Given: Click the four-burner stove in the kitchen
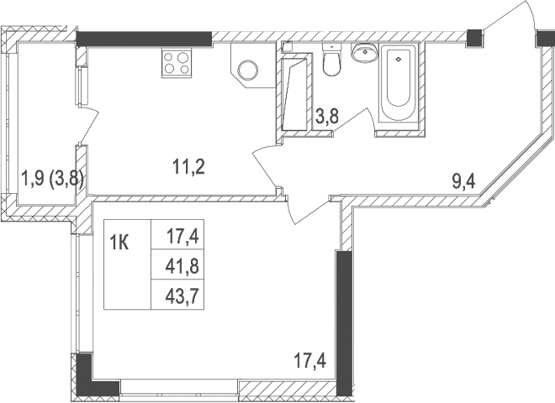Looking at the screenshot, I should [x=177, y=63].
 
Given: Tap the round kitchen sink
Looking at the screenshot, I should [x=248, y=71].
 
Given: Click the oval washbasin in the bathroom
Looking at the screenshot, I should [x=364, y=54].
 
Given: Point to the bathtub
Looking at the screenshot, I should [x=398, y=84].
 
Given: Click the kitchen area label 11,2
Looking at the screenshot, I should [x=189, y=165].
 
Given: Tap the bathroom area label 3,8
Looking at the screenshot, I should [x=327, y=118].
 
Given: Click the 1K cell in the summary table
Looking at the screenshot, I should [x=119, y=243].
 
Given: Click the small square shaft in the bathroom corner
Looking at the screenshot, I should [x=286, y=47].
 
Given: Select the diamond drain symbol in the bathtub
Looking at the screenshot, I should [x=398, y=59].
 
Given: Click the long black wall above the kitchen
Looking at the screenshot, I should [x=143, y=39].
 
